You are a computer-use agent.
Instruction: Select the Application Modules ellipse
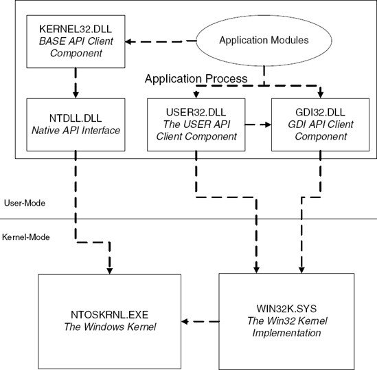pos(264,40)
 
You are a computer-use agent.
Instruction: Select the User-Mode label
pos(25,204)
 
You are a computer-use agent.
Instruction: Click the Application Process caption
pos(196,79)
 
